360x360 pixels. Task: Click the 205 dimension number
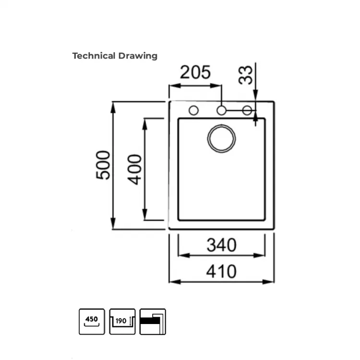(x=195, y=72)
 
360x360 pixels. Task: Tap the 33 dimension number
(x=245, y=75)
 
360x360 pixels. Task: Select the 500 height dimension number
(x=103, y=165)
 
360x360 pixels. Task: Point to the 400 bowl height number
(x=134, y=169)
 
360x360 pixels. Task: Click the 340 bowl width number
(x=222, y=245)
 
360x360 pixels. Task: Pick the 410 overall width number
(x=221, y=271)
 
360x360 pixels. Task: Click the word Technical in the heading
(x=94, y=56)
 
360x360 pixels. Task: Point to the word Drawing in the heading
(x=138, y=56)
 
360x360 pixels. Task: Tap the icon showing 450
(x=92, y=322)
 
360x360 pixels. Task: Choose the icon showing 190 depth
(x=122, y=322)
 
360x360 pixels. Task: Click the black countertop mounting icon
(x=153, y=322)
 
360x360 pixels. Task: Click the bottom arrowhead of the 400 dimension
(x=144, y=215)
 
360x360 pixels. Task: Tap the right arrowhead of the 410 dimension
(x=268, y=282)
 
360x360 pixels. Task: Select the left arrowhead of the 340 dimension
(x=184, y=255)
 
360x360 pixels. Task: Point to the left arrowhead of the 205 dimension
(x=175, y=85)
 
